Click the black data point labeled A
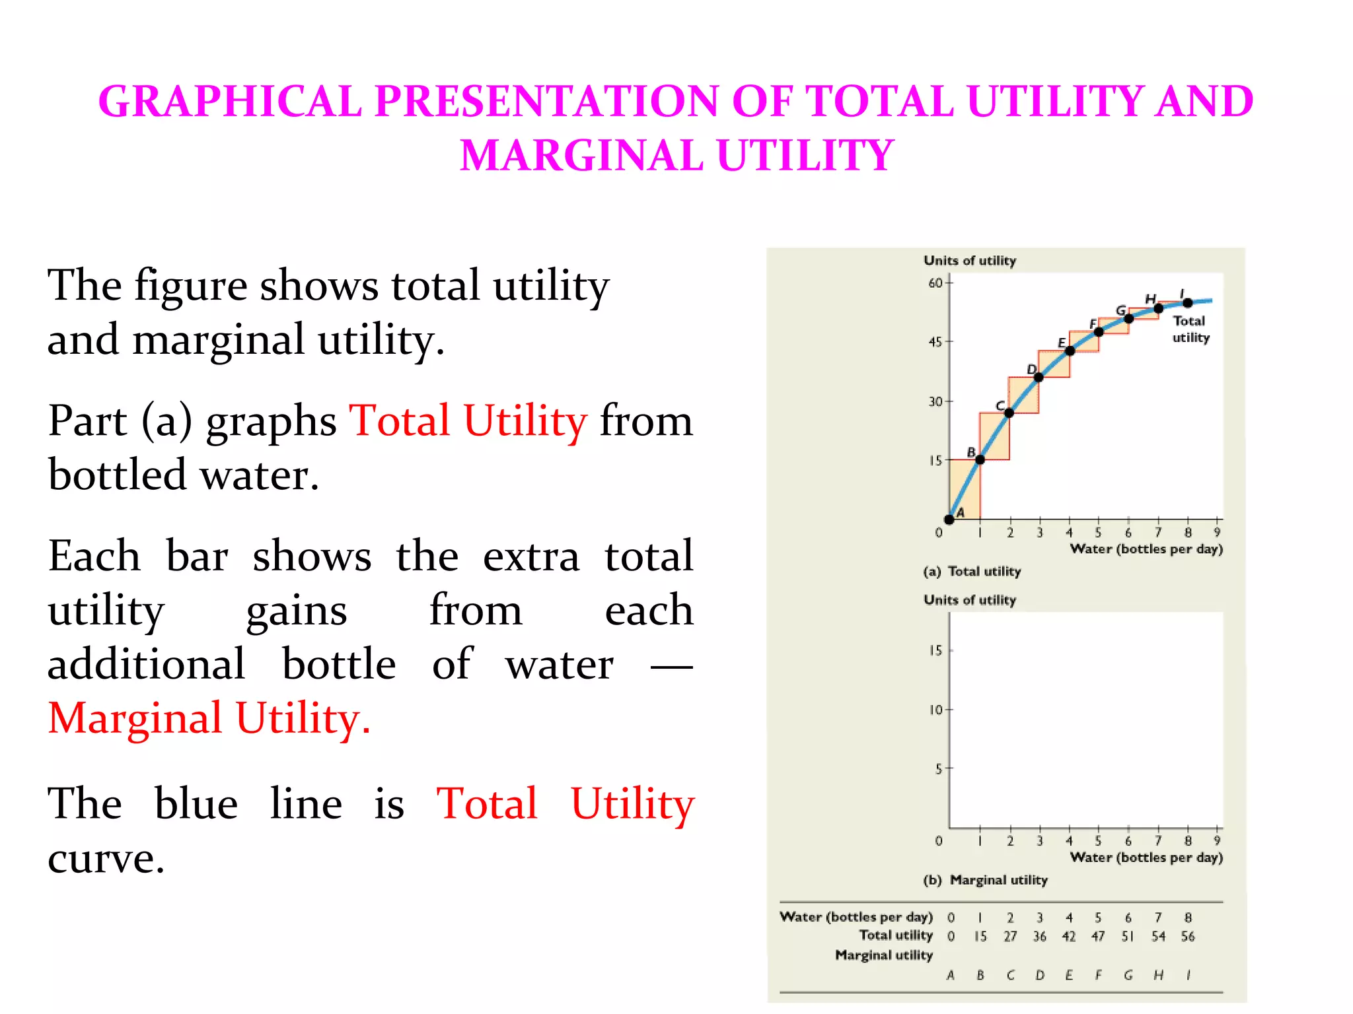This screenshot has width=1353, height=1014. tap(949, 520)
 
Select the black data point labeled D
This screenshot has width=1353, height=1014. tap(1039, 377)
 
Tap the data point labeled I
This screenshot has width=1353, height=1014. tap(1188, 303)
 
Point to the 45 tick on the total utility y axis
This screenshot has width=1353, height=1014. tap(935, 342)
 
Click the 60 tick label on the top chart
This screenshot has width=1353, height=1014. tap(935, 283)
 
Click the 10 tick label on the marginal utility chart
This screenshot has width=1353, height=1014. tap(935, 710)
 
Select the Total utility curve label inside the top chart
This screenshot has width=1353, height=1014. tap(1190, 329)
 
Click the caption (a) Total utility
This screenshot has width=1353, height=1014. tap(972, 571)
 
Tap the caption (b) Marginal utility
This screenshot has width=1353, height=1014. tap(985, 880)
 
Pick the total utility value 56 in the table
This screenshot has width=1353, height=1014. tap(1188, 936)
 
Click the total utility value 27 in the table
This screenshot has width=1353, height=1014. tap(1010, 936)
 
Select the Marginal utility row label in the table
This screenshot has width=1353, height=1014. tap(884, 955)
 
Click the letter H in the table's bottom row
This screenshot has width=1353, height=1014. tap(1158, 975)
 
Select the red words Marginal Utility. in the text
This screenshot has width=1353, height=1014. tap(209, 718)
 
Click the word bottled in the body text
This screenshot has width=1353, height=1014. tap(117, 475)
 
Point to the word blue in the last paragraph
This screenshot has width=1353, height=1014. tap(196, 803)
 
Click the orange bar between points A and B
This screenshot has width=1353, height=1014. tap(965, 489)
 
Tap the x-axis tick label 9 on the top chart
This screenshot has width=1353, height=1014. tap(1217, 532)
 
